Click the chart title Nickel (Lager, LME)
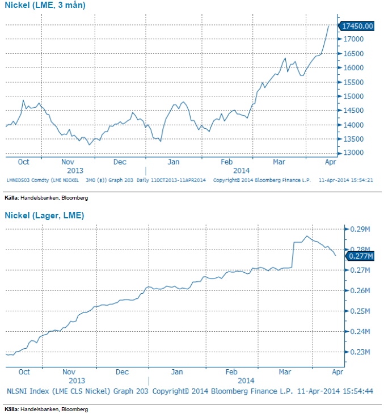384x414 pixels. [44, 216]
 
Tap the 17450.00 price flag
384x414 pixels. [357, 26]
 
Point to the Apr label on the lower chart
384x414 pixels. [337, 372]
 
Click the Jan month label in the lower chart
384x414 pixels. [177, 372]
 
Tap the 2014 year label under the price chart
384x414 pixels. [241, 170]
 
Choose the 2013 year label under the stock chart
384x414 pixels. [77, 381]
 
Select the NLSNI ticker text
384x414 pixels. [18, 391]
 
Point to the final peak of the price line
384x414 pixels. [329, 26]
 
